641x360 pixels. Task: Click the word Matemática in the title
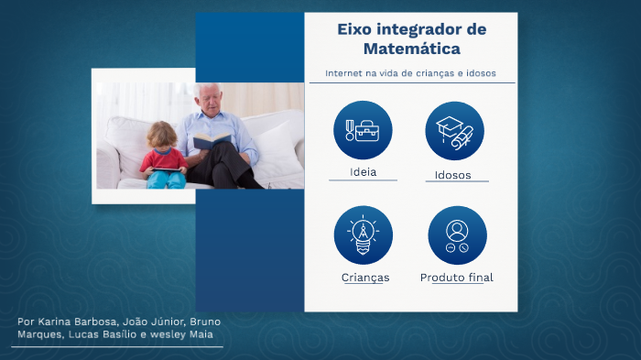(x=411, y=49)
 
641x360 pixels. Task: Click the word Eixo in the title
(x=355, y=29)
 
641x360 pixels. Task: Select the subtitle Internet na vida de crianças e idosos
(x=411, y=73)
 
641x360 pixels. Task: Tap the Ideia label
(x=363, y=172)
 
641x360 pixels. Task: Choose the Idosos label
(x=454, y=174)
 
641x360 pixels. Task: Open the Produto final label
(x=456, y=278)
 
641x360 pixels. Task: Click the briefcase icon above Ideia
(x=363, y=130)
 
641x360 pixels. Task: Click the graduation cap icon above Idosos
(x=454, y=130)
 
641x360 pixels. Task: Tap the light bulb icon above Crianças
(x=363, y=235)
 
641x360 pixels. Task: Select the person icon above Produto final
(x=457, y=235)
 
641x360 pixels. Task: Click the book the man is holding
(x=212, y=140)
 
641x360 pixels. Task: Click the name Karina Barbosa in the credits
(x=73, y=322)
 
